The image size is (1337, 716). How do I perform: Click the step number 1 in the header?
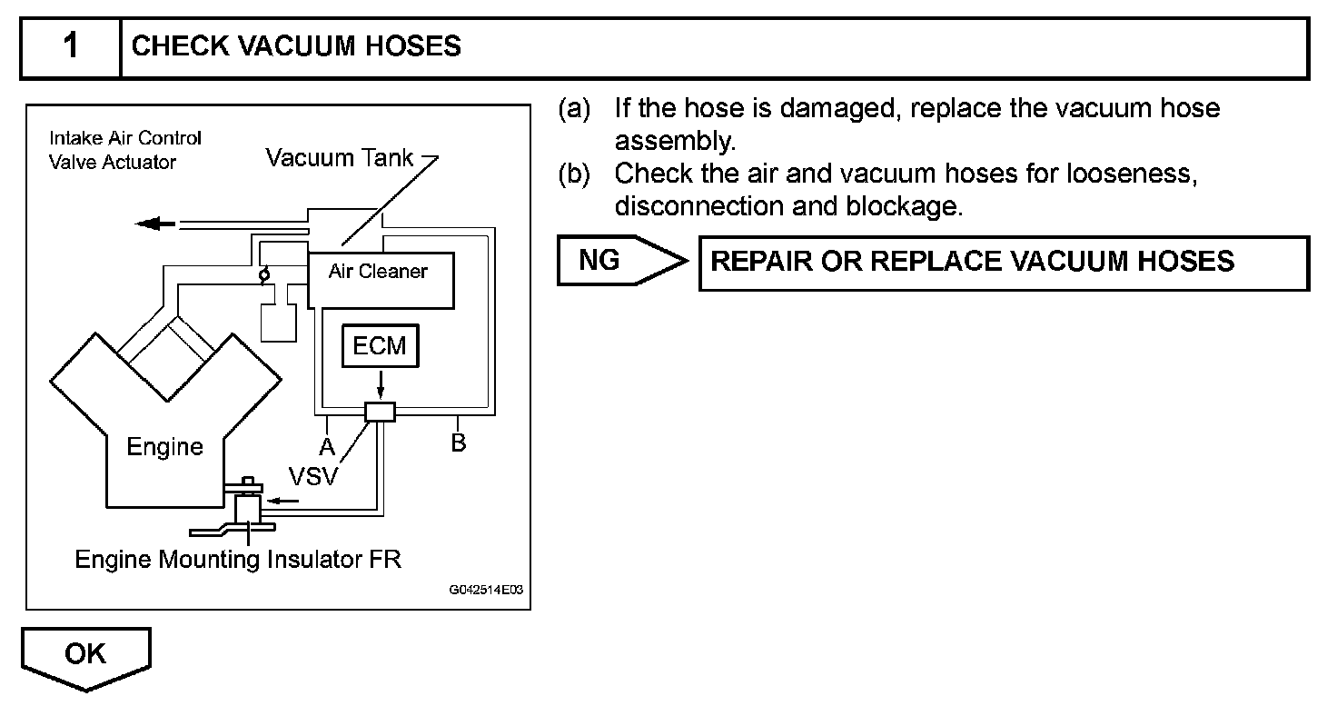[70, 46]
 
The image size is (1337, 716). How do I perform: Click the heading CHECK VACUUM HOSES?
[296, 46]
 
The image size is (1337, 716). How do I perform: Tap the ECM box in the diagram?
[380, 345]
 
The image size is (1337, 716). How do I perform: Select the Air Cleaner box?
[380, 280]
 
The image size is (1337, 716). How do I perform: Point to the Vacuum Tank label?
[340, 158]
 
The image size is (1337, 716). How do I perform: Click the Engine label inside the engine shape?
[164, 446]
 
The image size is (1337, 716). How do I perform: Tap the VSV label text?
[312, 475]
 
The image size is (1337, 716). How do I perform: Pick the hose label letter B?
[459, 443]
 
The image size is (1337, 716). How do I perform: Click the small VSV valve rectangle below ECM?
[380, 412]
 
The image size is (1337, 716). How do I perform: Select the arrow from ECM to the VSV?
[380, 383]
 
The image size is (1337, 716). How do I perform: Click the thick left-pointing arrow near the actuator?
[154, 224]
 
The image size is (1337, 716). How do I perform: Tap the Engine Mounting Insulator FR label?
[238, 559]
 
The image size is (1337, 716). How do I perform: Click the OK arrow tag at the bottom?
[85, 656]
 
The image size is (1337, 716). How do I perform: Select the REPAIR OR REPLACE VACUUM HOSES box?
[1003, 263]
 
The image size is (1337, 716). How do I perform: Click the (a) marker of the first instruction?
[574, 109]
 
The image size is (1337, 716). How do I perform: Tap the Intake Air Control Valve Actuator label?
[124, 150]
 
